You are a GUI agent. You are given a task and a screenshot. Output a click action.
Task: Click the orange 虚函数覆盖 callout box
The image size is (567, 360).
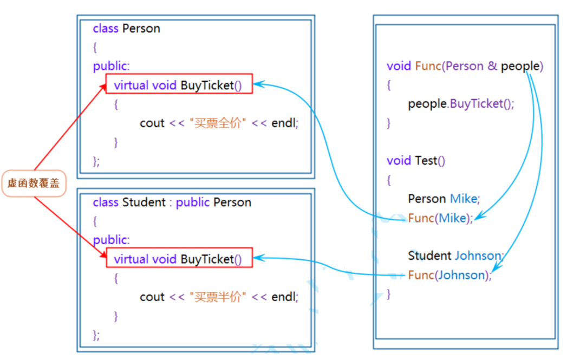(x=34, y=184)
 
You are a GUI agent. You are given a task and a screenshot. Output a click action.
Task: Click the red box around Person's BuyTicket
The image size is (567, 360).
(x=179, y=84)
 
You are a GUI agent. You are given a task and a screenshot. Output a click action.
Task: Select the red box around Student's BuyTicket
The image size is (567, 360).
(x=179, y=259)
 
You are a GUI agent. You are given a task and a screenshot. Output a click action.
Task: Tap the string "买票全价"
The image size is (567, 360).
(x=218, y=123)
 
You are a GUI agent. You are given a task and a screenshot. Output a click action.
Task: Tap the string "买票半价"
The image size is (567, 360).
(x=218, y=297)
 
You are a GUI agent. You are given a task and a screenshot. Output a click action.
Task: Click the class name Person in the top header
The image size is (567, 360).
(x=141, y=28)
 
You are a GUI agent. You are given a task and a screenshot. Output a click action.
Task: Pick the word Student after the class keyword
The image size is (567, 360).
(x=144, y=202)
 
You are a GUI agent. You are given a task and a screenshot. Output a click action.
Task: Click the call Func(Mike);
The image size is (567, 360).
(x=440, y=218)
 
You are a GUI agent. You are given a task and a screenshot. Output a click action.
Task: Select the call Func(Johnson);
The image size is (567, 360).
(x=449, y=275)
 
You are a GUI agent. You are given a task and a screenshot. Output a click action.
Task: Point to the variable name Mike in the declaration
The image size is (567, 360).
(x=464, y=199)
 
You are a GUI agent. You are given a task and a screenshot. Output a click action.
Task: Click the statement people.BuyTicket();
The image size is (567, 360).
(x=461, y=104)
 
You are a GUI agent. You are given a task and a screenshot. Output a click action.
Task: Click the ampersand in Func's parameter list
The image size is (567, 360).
(x=492, y=66)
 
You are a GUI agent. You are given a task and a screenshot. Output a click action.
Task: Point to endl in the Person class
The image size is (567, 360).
(x=285, y=123)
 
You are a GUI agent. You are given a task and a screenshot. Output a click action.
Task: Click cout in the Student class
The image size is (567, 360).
(x=152, y=297)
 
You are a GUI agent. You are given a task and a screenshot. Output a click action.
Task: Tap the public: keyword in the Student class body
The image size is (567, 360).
(x=111, y=239)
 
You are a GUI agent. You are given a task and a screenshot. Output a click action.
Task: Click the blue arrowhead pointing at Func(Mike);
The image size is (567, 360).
(x=479, y=217)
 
